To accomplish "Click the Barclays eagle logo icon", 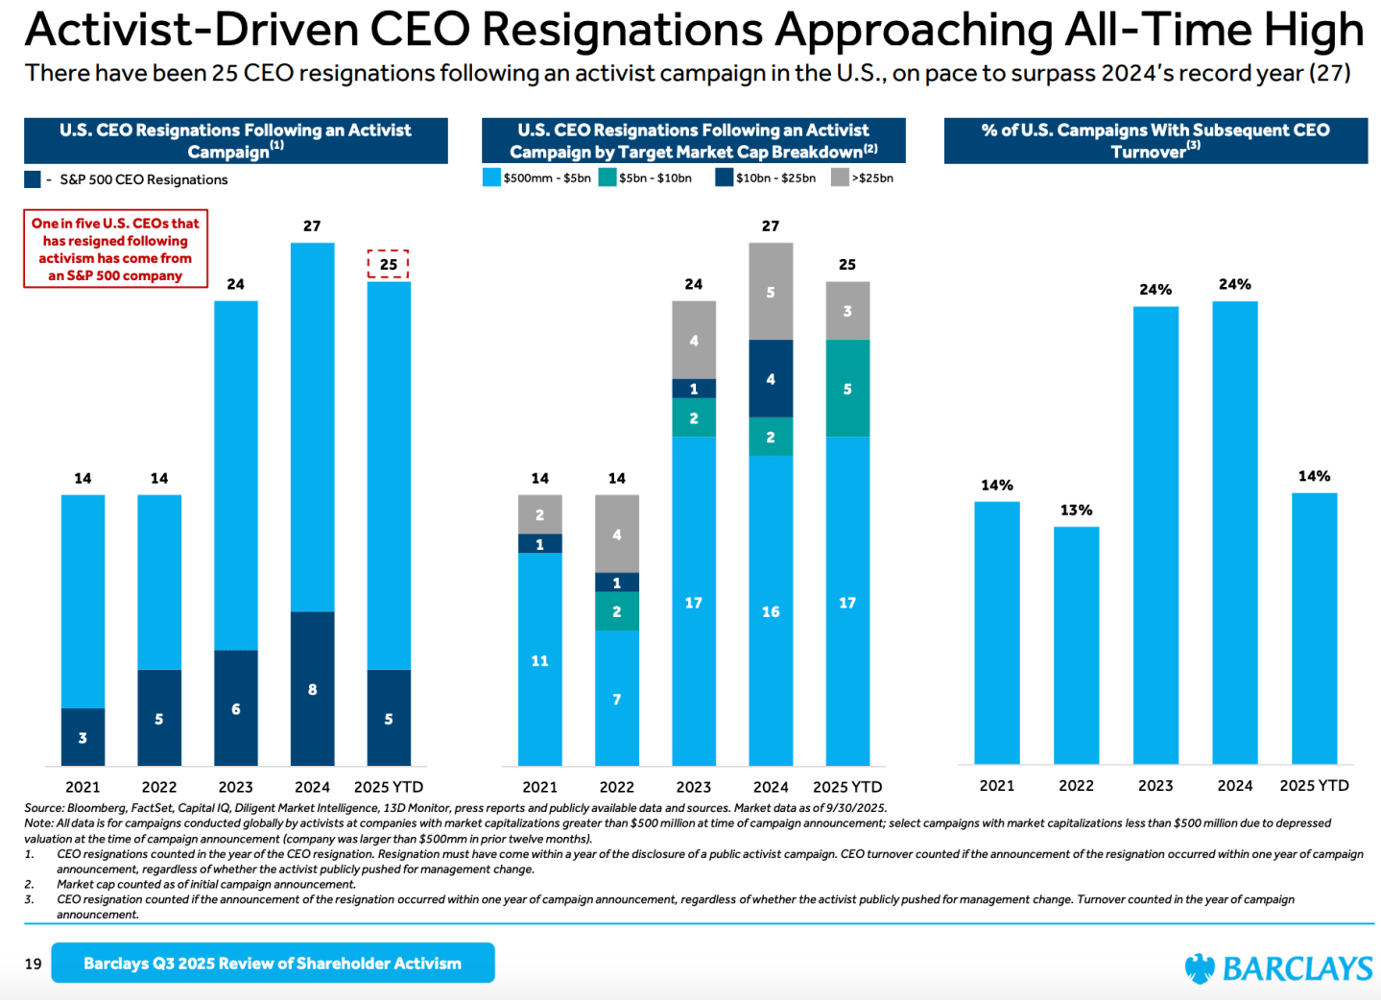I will pos(1200,968).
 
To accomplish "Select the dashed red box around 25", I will pos(388,264).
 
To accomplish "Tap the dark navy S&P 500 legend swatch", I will pos(33,179).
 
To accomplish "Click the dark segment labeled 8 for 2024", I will pos(312,688).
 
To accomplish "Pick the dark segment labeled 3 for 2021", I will pos(83,736).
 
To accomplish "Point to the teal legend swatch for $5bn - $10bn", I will pos(607,178).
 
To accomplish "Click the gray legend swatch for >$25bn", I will pos(840,178).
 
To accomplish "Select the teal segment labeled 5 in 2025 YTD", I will pos(847,389).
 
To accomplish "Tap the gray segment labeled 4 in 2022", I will pos(617,534).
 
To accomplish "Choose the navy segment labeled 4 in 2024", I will pos(771,378).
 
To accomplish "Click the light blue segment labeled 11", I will pos(540,659).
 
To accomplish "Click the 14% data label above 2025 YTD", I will pos(1314,476).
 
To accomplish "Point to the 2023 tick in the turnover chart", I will pos(1155,785).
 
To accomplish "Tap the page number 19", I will pos(34,964).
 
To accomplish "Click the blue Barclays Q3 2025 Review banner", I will pos(273,963).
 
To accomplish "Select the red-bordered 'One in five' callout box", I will pos(115,250).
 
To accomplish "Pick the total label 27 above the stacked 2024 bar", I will pos(771,226).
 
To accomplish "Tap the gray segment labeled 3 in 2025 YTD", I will pos(847,311).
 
